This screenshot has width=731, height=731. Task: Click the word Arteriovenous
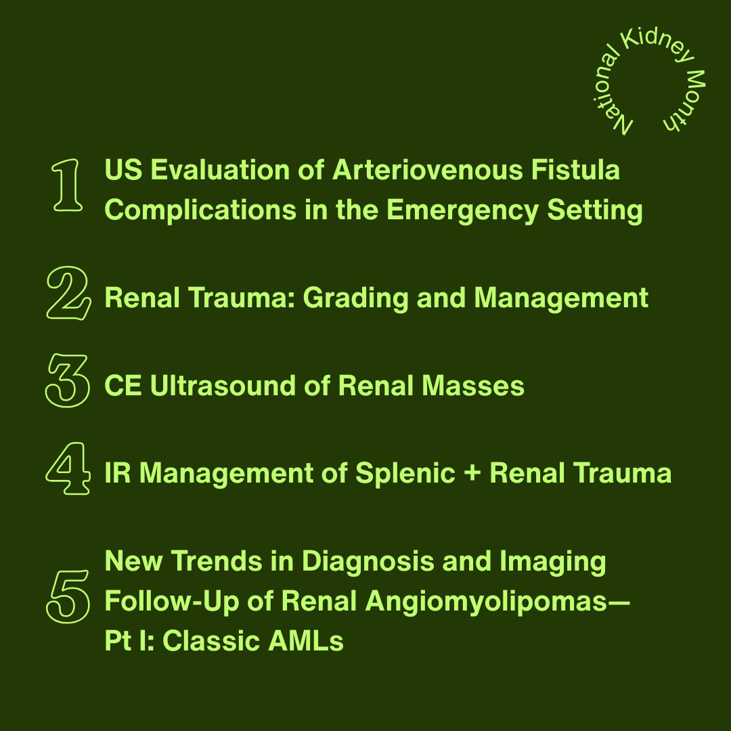point(426,171)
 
